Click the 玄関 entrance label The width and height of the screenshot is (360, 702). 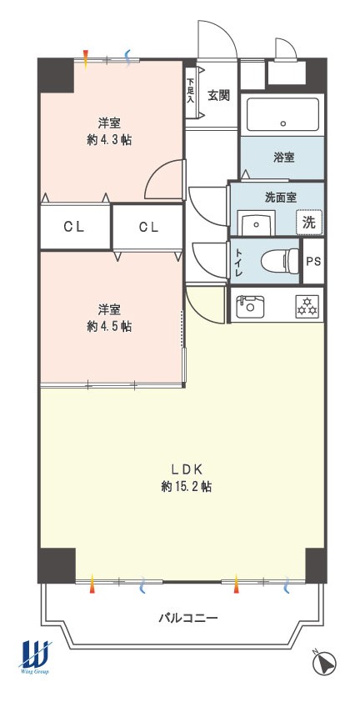219,95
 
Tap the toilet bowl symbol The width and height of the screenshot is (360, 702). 280,261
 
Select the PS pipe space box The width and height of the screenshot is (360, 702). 313,262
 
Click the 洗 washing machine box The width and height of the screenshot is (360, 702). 309,222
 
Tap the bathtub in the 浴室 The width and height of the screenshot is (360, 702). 282,114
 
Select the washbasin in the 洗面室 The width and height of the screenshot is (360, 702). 256,223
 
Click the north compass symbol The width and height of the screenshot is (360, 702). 325,663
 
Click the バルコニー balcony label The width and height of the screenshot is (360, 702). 188,619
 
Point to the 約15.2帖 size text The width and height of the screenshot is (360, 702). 187,487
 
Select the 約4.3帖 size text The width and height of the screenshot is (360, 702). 109,140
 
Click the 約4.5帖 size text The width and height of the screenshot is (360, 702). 109,327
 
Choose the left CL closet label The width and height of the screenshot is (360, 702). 74,228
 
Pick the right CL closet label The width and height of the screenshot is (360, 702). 148,228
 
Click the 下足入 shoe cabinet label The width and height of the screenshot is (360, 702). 190,92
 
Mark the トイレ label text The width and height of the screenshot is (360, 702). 237,261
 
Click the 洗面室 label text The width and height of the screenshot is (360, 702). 280,197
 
